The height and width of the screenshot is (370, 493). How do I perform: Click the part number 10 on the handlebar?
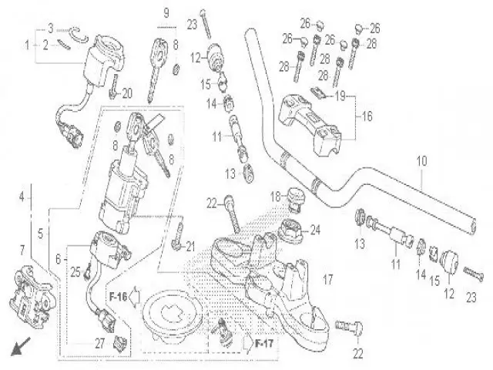coord(421,162)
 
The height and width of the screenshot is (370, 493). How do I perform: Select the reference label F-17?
coord(263,341)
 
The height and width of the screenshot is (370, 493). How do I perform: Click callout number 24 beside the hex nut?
coord(314,229)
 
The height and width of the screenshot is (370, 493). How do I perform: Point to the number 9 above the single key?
coord(165,12)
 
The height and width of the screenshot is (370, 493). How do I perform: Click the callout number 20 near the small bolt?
coord(128,93)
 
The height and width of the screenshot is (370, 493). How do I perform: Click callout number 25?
coord(75,271)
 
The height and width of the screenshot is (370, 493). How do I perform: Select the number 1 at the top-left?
coord(29,45)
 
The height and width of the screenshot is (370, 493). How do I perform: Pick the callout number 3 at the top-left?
coord(51,29)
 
